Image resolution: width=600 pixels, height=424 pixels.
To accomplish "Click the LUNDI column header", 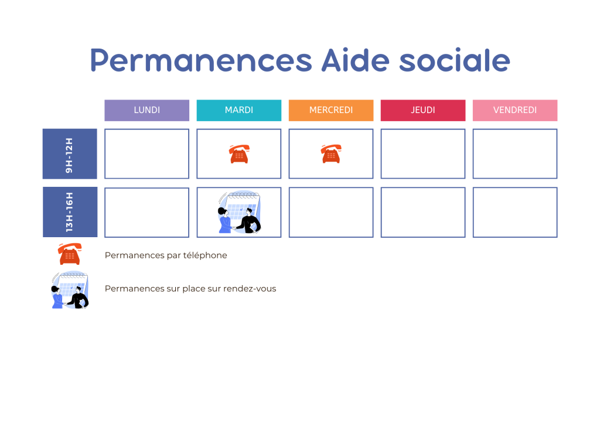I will tap(146, 110).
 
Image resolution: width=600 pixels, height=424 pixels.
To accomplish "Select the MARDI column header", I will tap(238, 110).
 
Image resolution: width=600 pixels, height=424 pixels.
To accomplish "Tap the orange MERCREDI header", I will tap(331, 110).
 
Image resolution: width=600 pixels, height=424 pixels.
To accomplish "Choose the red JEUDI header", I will tap(423, 110).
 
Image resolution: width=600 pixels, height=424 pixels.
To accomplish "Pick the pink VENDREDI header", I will tap(515, 110).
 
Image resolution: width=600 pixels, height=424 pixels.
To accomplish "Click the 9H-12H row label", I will tap(70, 154).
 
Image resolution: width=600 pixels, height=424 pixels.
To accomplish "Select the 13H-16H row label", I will tap(70, 212).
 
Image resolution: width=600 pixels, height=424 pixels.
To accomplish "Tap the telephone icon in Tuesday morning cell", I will tap(238, 154).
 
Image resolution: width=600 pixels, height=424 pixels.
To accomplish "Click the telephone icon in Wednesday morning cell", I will tap(331, 154).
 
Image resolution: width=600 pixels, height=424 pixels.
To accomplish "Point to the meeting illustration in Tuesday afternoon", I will tap(239, 213).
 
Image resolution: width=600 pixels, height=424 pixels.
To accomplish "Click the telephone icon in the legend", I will tap(70, 254).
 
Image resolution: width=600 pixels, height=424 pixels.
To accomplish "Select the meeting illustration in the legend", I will tap(70, 290).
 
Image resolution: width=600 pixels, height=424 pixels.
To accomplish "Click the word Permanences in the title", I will tap(197, 60).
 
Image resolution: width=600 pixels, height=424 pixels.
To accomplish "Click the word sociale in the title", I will tap(455, 60).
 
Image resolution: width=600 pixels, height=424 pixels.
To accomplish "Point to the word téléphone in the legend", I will tap(205, 255).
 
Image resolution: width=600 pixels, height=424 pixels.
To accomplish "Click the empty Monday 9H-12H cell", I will tap(146, 154).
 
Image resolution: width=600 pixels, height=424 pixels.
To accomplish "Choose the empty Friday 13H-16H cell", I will tap(515, 213).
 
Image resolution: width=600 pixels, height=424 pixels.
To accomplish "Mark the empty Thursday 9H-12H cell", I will tap(423, 154).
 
